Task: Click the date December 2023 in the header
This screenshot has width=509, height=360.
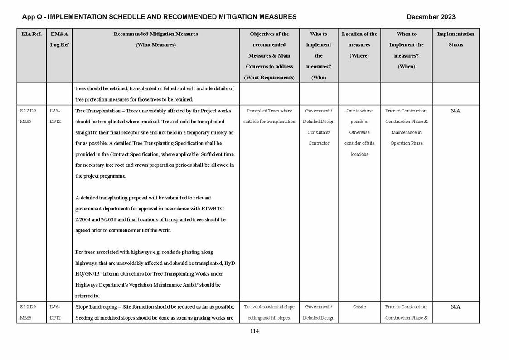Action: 431,17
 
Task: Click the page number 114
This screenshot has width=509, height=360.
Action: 254,331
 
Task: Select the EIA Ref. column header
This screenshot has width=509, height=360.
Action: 31,34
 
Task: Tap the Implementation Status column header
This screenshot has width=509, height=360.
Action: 456,39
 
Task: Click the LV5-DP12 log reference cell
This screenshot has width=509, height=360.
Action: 55,116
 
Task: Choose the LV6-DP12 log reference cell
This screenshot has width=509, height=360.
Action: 55,312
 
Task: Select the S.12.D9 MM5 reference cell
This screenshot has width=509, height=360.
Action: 28,116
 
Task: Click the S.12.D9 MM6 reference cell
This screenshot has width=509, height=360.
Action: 28,312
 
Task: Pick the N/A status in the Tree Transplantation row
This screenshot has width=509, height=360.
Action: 456,111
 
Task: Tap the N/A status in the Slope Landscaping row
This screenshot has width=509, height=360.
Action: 456,307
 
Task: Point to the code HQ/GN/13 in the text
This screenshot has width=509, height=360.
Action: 87,274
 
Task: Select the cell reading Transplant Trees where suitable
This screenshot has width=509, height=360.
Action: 269,116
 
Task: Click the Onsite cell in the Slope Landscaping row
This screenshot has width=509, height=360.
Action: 359,307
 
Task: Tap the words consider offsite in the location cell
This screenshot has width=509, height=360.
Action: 359,143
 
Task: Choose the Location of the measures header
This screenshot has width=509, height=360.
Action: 359,45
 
